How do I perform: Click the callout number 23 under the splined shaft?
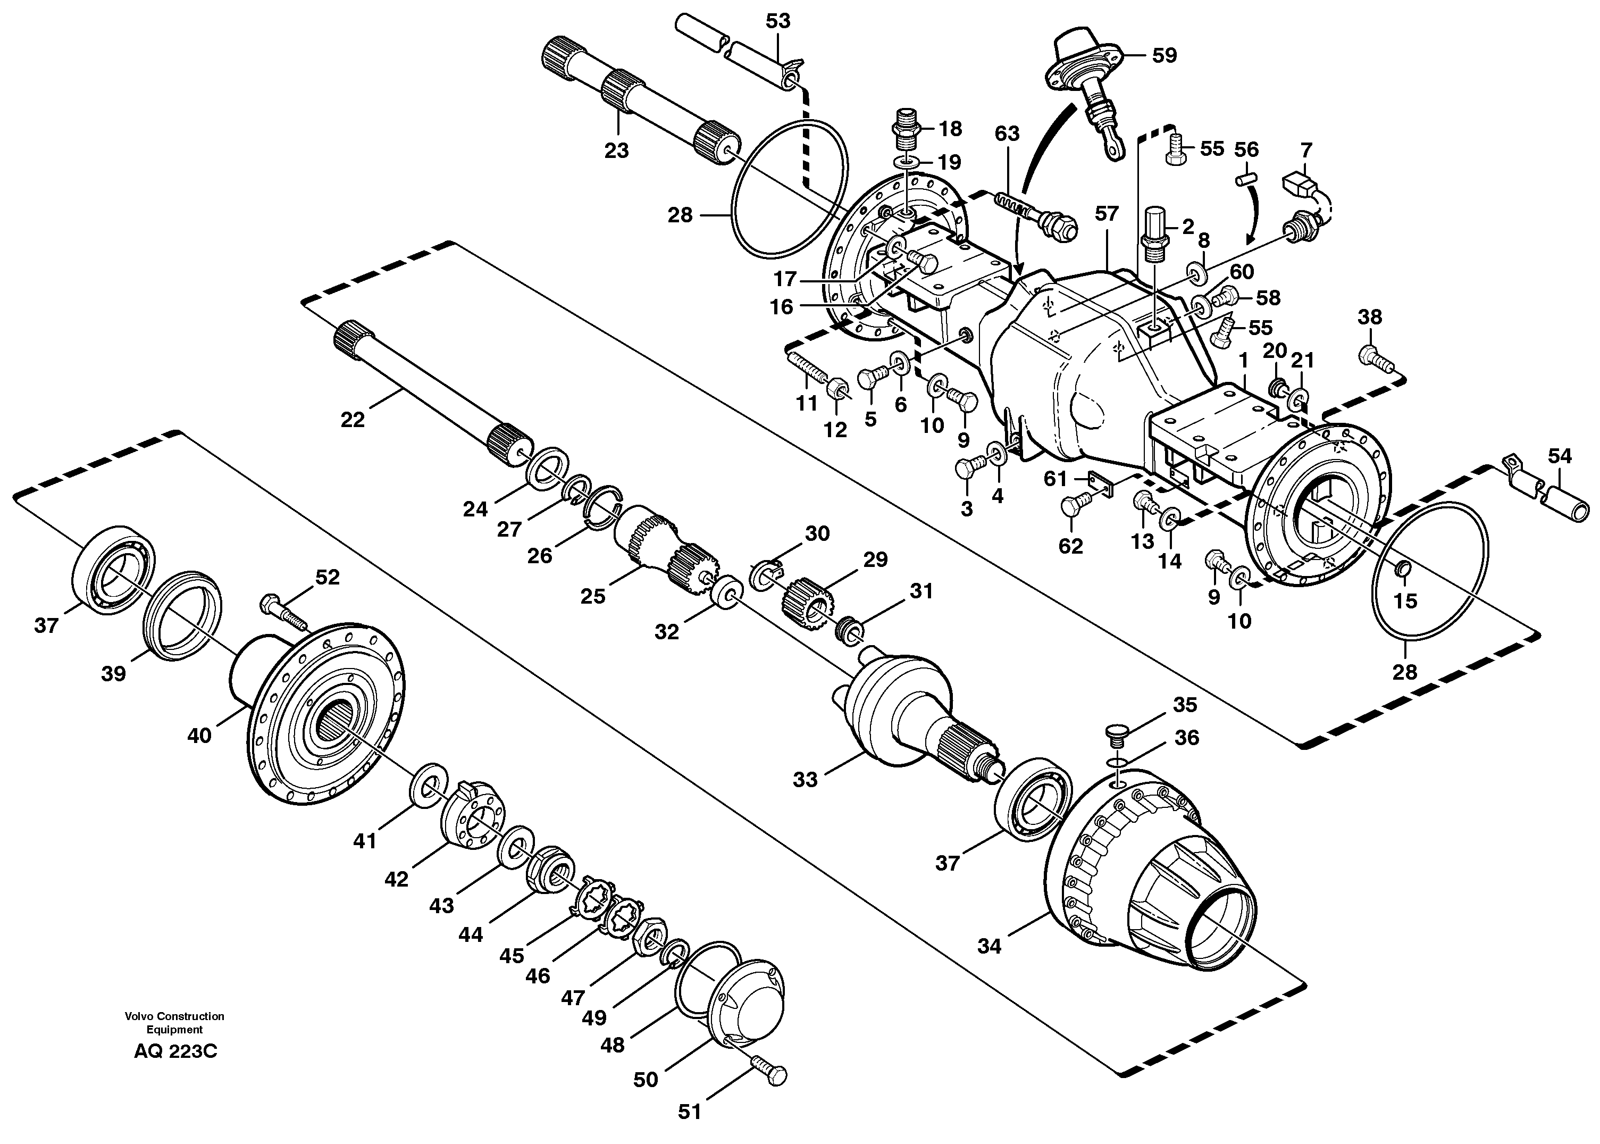[616, 151]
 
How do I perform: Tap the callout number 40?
[199, 736]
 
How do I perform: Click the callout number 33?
[805, 780]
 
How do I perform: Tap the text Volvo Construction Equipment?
[174, 1023]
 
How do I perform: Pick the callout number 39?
[113, 674]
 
